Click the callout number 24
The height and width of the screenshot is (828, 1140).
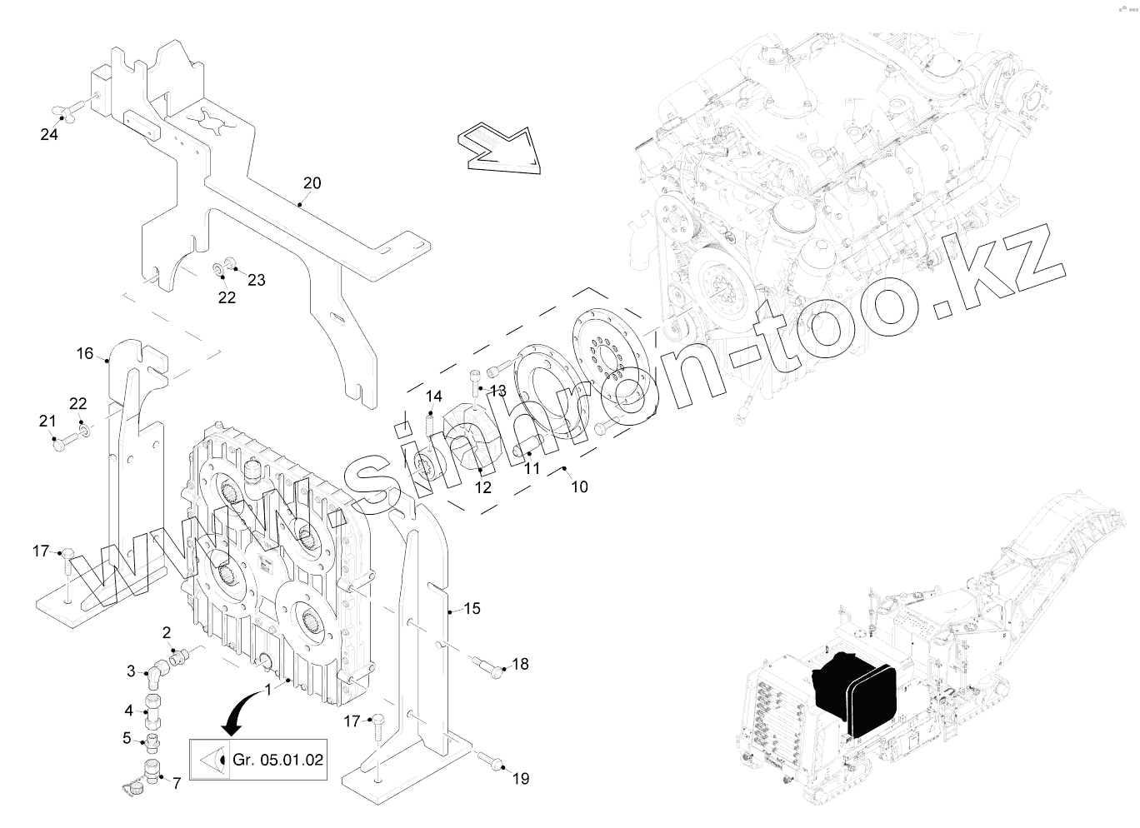(x=49, y=133)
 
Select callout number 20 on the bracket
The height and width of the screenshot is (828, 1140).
(x=312, y=183)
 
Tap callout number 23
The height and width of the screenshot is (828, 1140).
(x=256, y=280)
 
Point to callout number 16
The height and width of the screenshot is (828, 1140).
(x=85, y=353)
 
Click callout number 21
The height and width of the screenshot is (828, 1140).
(x=47, y=421)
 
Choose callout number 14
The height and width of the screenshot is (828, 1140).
(x=434, y=396)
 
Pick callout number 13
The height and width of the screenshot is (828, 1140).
(x=497, y=391)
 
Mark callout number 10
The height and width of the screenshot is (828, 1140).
(x=579, y=486)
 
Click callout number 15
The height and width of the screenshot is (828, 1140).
(x=472, y=609)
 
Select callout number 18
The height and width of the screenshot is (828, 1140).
(x=520, y=664)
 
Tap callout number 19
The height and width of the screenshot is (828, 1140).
(x=520, y=779)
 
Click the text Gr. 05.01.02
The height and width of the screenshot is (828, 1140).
(x=278, y=760)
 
